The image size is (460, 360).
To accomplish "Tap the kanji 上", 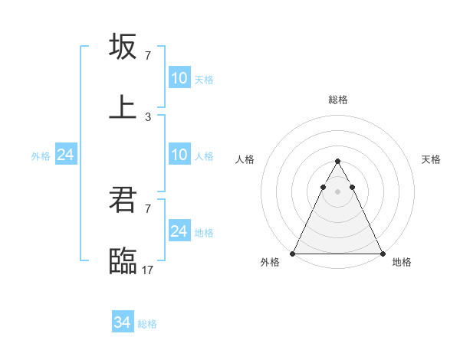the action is point(123,106).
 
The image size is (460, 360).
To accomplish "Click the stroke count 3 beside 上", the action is point(148,116).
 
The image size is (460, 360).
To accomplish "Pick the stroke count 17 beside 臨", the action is point(148,270).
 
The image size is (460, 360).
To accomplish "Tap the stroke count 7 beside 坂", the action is point(148,55).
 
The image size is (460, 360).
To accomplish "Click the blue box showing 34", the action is point(123,322).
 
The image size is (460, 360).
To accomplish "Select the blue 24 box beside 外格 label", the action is point(65,155).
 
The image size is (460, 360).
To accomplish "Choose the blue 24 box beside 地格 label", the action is point(179,231).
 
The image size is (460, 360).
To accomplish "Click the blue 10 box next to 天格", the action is point(179,78).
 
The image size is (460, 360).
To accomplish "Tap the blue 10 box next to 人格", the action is point(179,155).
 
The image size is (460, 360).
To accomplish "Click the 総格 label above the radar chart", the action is point(337,100).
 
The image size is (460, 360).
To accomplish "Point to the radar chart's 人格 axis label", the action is point(245,159).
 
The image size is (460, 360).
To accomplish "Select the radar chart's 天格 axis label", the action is point(431,159).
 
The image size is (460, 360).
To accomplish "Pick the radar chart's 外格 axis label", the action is point(270,262).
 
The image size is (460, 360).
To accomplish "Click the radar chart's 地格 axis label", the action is point(402,262).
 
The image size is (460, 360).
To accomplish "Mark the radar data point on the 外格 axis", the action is point(293,253).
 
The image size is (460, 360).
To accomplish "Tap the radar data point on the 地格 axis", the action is point(382,253).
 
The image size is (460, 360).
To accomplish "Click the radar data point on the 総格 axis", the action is point(337,162).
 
